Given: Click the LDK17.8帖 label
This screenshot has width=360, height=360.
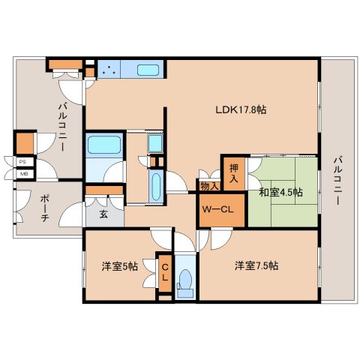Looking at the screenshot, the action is coord(241,109).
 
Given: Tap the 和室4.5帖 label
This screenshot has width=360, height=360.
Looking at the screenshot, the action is coord(280,193).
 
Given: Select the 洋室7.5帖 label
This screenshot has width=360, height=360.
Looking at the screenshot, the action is coord(256,265).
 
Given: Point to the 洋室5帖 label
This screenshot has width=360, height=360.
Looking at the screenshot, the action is coord(120,266).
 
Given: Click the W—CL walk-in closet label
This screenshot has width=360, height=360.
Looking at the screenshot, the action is coord(217,209).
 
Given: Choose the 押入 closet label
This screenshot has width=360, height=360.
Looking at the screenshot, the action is coord(234,173).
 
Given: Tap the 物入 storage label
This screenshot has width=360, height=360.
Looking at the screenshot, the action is coord(210,186).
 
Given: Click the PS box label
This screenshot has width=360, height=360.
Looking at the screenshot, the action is coord(22,162).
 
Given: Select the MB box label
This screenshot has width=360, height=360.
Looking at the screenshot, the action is coord(22,174).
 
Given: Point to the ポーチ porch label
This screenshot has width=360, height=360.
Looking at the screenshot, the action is coord(44,209).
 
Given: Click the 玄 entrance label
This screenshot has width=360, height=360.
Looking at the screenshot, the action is coord(103,214).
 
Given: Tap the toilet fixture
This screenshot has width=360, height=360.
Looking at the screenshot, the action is coord(185,283).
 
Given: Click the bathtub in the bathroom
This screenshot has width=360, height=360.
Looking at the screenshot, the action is coord(104,145).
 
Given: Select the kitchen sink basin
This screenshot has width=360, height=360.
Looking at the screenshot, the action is coord(148,70).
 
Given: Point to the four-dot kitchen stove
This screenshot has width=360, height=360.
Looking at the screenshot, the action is coord(109,70).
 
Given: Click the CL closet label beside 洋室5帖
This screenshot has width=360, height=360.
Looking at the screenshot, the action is coord(165,272).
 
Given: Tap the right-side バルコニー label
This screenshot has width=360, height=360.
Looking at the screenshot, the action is coord(337,181).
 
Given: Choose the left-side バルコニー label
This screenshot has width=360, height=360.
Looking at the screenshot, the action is coord(62,127).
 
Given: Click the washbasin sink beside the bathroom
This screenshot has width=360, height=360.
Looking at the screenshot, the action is coord(156,187).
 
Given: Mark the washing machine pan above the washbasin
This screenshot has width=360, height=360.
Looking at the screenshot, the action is coord(155,143).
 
